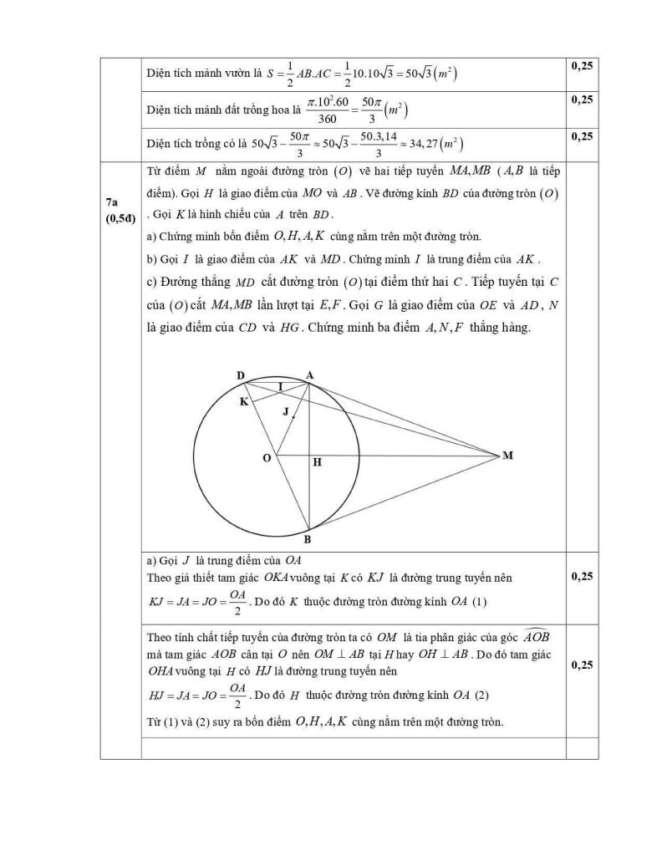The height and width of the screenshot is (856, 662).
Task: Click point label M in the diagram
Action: tap(507, 456)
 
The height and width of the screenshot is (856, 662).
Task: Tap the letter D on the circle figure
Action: tap(241, 376)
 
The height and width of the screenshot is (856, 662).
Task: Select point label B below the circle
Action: tap(308, 539)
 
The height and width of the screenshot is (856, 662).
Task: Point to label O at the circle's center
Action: tap(267, 458)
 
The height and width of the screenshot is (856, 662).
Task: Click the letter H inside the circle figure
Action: tap(317, 461)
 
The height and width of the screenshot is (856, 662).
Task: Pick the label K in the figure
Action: tap(243, 402)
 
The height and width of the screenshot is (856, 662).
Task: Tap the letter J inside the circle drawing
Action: tap(285, 411)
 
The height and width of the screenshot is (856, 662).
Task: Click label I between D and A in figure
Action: tap(280, 386)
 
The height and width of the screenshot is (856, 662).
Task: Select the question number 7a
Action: tap(113, 203)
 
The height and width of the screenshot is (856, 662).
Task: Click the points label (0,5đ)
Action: tap(120, 219)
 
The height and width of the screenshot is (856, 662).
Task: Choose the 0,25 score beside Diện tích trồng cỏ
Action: tap(582, 135)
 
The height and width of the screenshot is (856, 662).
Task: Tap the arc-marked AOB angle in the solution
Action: tap(536, 636)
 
